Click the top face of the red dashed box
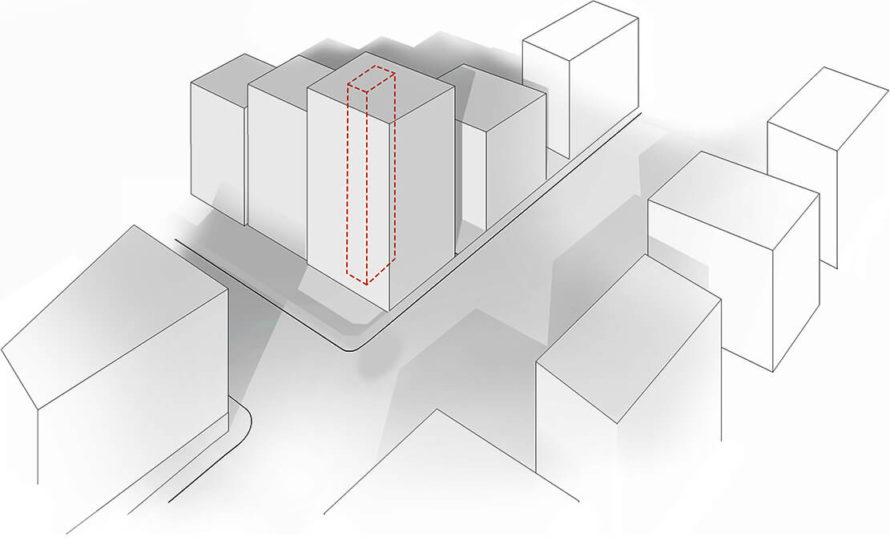click(x=371, y=80)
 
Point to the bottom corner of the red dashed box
click(x=366, y=284)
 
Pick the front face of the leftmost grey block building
click(x=217, y=152)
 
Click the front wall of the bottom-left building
click(x=132, y=401)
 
